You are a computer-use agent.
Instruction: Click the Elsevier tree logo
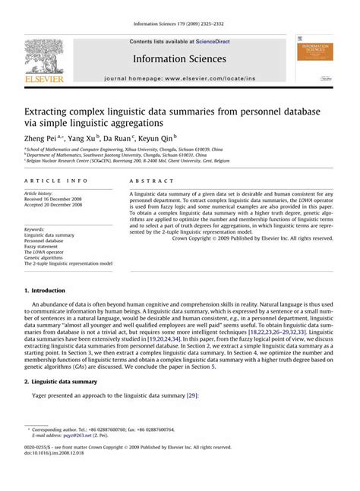(x=43, y=58)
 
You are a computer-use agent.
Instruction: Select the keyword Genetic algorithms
(x=47, y=257)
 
